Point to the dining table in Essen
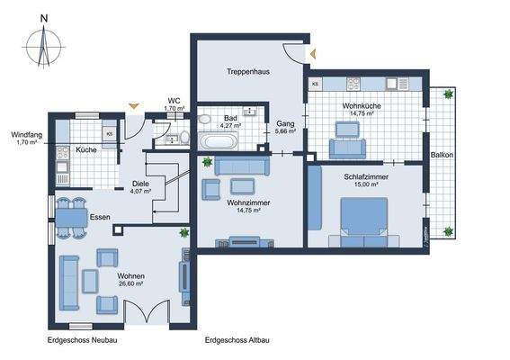click(x=68, y=217)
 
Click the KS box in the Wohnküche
click(x=316, y=85)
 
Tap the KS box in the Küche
click(x=109, y=134)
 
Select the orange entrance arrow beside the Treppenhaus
click(x=312, y=55)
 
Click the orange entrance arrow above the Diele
click(x=133, y=107)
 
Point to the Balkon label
click(x=441, y=155)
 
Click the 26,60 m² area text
click(x=130, y=283)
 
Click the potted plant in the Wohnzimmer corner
click(x=208, y=163)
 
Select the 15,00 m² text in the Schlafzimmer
click(x=366, y=188)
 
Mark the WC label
click(x=175, y=101)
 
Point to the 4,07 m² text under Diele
click(x=141, y=191)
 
